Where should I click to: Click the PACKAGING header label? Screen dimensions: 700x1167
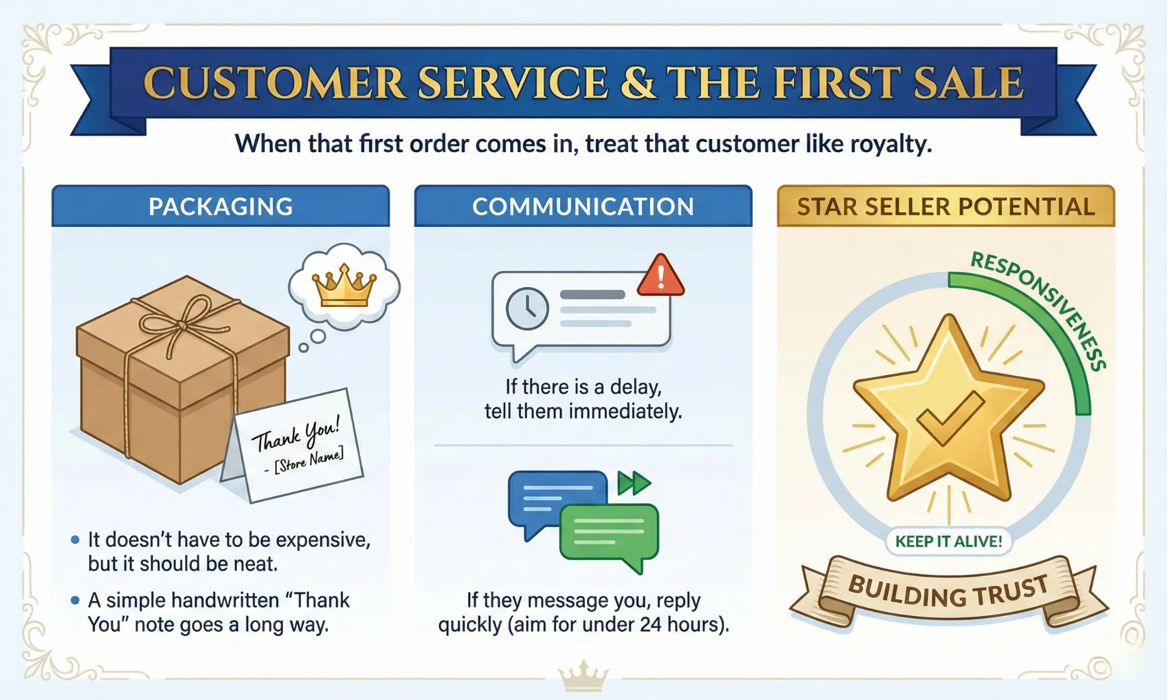pyautogui.click(x=220, y=206)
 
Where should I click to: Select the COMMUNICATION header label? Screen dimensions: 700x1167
pyautogui.click(x=583, y=206)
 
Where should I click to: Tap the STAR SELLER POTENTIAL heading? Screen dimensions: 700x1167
pyautogui.click(x=946, y=206)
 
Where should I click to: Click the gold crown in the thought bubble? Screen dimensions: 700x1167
pyautogui.click(x=344, y=286)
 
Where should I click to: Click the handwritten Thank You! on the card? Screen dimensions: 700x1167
pyautogui.click(x=296, y=433)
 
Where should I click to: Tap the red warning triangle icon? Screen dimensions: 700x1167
pyautogui.click(x=661, y=277)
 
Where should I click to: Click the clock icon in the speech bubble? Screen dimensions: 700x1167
pyautogui.click(x=527, y=309)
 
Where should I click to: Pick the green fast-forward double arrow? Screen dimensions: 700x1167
pyautogui.click(x=634, y=483)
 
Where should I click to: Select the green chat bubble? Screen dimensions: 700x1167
pyautogui.click(x=608, y=533)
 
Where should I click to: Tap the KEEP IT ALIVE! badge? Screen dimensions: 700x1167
pyautogui.click(x=948, y=541)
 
